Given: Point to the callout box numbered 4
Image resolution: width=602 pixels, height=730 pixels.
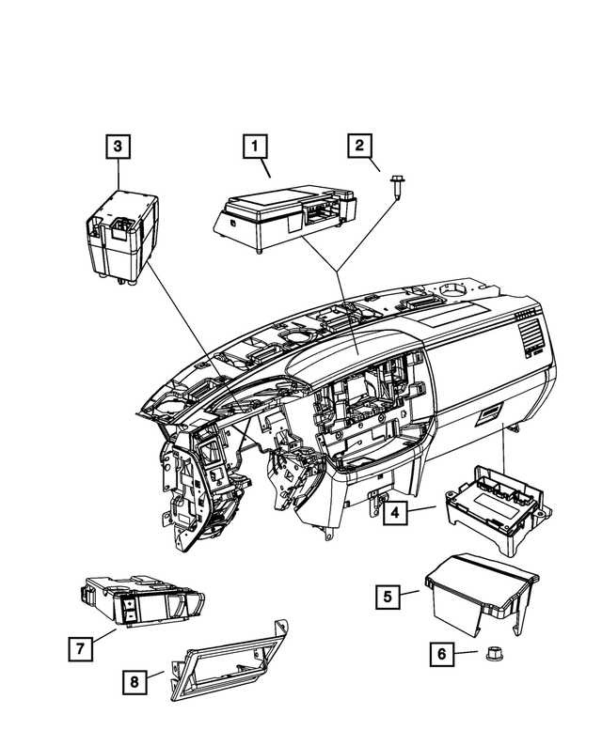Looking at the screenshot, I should (x=395, y=513).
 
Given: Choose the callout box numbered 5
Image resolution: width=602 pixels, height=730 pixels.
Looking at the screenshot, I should (x=386, y=596).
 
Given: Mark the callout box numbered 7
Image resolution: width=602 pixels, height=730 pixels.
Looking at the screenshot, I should (x=81, y=647).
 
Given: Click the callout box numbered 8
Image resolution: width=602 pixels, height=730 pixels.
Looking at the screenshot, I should (x=136, y=682).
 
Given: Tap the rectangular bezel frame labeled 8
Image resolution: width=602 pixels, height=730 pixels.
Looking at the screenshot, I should (x=227, y=663).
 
